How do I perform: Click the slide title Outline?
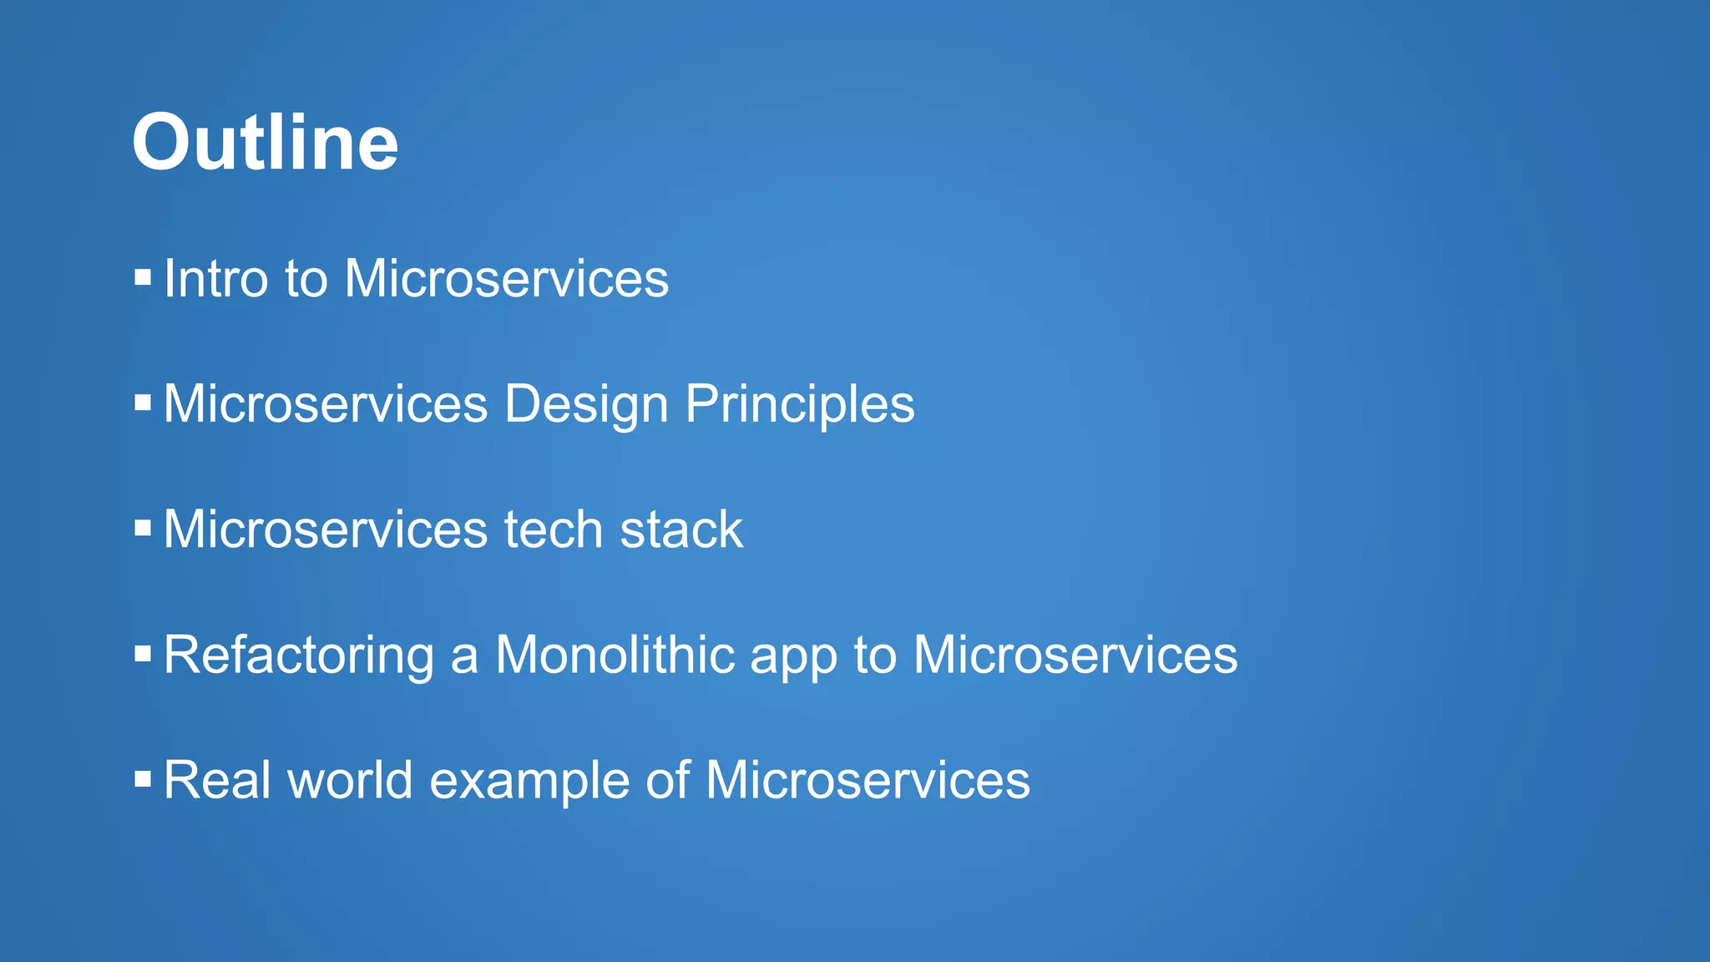[x=265, y=143]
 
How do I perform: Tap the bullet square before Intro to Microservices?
[x=143, y=277]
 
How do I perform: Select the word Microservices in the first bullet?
[x=506, y=278]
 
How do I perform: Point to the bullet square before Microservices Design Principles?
[x=143, y=403]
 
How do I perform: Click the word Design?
[x=586, y=405]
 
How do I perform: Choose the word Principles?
[x=799, y=405]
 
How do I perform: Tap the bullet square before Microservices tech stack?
[x=143, y=529]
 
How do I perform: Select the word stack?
[x=680, y=529]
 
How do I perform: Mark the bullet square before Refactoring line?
[x=143, y=654]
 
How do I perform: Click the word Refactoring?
[x=299, y=656]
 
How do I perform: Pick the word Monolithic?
[x=615, y=655]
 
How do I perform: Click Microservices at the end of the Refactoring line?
[x=1075, y=655]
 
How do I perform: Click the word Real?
[x=217, y=780]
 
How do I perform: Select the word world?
[x=350, y=780]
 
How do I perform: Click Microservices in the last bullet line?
[x=868, y=780]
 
